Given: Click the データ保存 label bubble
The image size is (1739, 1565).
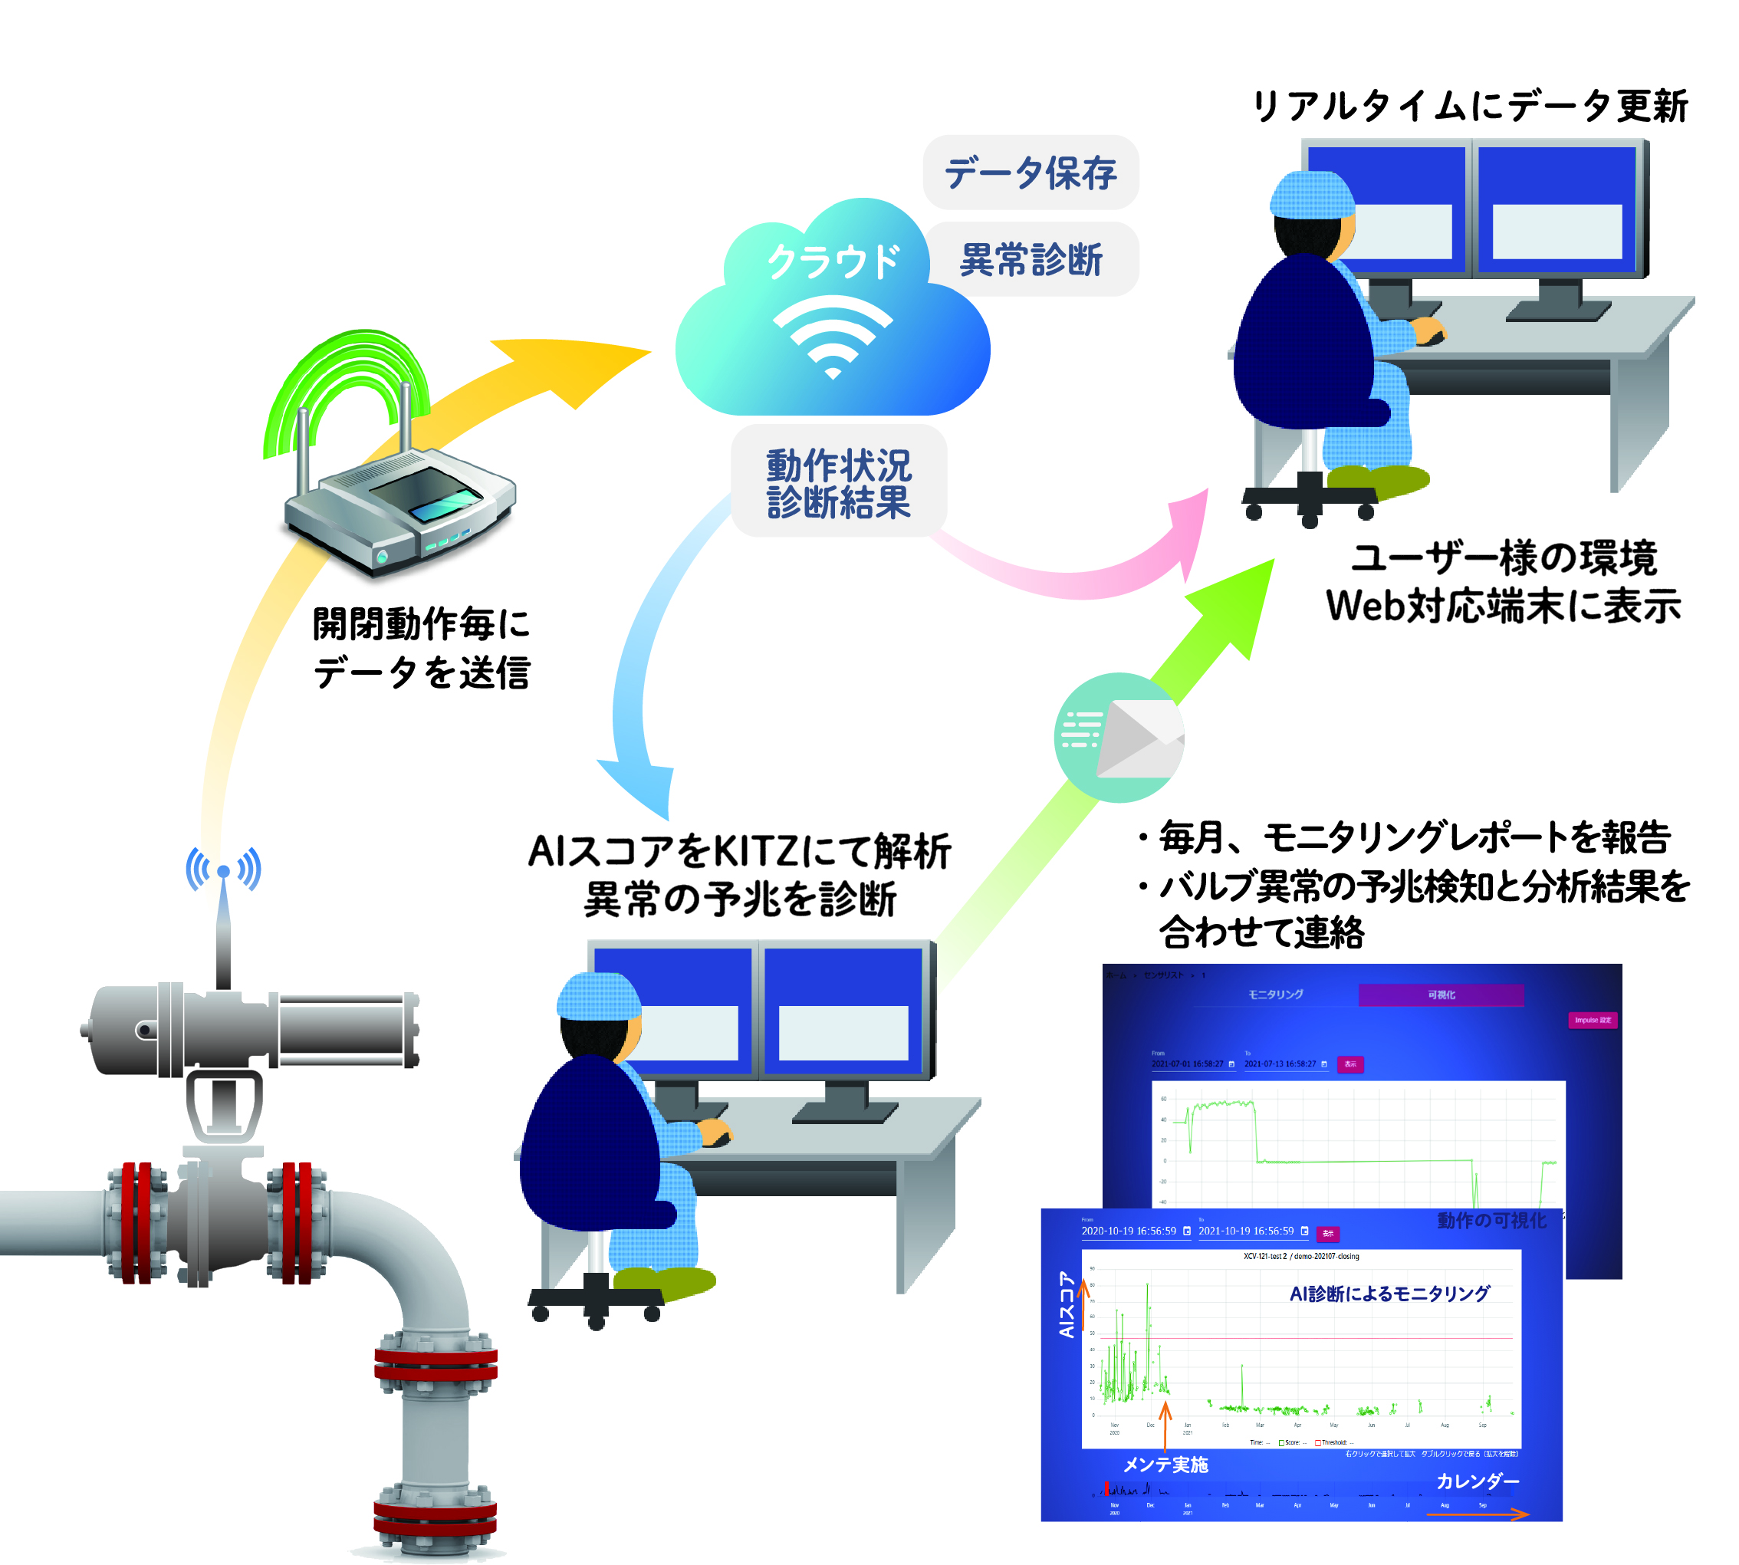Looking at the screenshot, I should pos(1030,173).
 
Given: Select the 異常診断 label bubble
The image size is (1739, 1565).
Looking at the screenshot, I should pos(1031,259).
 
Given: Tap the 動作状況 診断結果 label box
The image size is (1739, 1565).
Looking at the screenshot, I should pos(839,482).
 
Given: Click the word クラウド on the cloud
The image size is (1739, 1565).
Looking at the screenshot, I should pos(833,261).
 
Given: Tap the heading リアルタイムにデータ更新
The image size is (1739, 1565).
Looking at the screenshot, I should pos(1469,107).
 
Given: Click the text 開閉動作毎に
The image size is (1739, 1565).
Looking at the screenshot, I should pos(422,623).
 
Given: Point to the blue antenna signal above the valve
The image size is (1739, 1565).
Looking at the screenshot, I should pos(224,870).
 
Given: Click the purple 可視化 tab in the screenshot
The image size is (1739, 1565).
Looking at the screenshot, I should pos(1441,995).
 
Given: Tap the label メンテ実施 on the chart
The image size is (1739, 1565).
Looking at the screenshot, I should pos(1165,1465).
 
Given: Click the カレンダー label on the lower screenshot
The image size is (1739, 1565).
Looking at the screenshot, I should pos(1478,1481).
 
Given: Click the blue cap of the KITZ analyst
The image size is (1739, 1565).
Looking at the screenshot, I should pos(599,998).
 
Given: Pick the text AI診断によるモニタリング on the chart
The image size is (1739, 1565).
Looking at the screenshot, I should pos(1389,1294).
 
